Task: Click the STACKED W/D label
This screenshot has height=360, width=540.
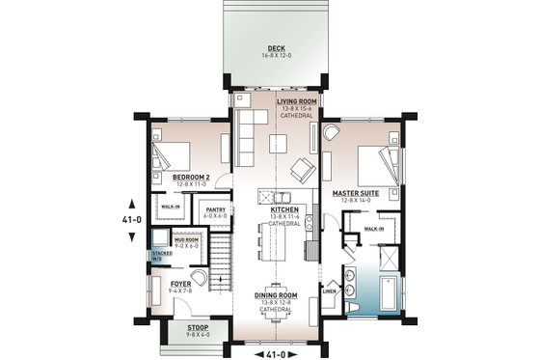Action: click(157, 256)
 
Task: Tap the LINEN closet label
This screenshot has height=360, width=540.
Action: click(328, 290)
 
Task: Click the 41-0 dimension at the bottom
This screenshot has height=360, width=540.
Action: click(277, 352)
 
